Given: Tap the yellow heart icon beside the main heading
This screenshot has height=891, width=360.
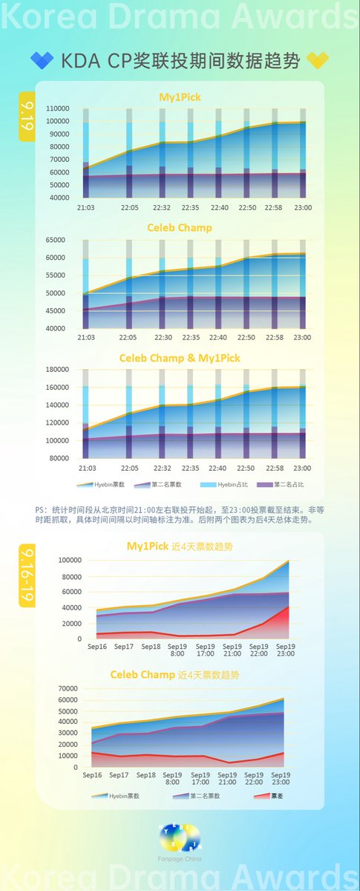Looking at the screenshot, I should [318, 61].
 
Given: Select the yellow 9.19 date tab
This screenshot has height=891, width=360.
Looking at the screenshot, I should [27, 117].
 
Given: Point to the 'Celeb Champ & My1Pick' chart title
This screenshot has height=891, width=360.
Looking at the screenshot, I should [180, 358].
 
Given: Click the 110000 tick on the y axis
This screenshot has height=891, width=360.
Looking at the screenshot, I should [57, 108].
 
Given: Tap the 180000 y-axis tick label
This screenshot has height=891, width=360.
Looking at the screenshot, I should [57, 369].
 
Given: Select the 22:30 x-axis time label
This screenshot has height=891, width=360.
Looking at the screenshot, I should [163, 337].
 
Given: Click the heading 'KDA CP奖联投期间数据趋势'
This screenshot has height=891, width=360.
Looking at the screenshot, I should [179, 61].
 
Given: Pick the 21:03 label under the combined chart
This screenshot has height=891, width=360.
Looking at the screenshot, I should [87, 468].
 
